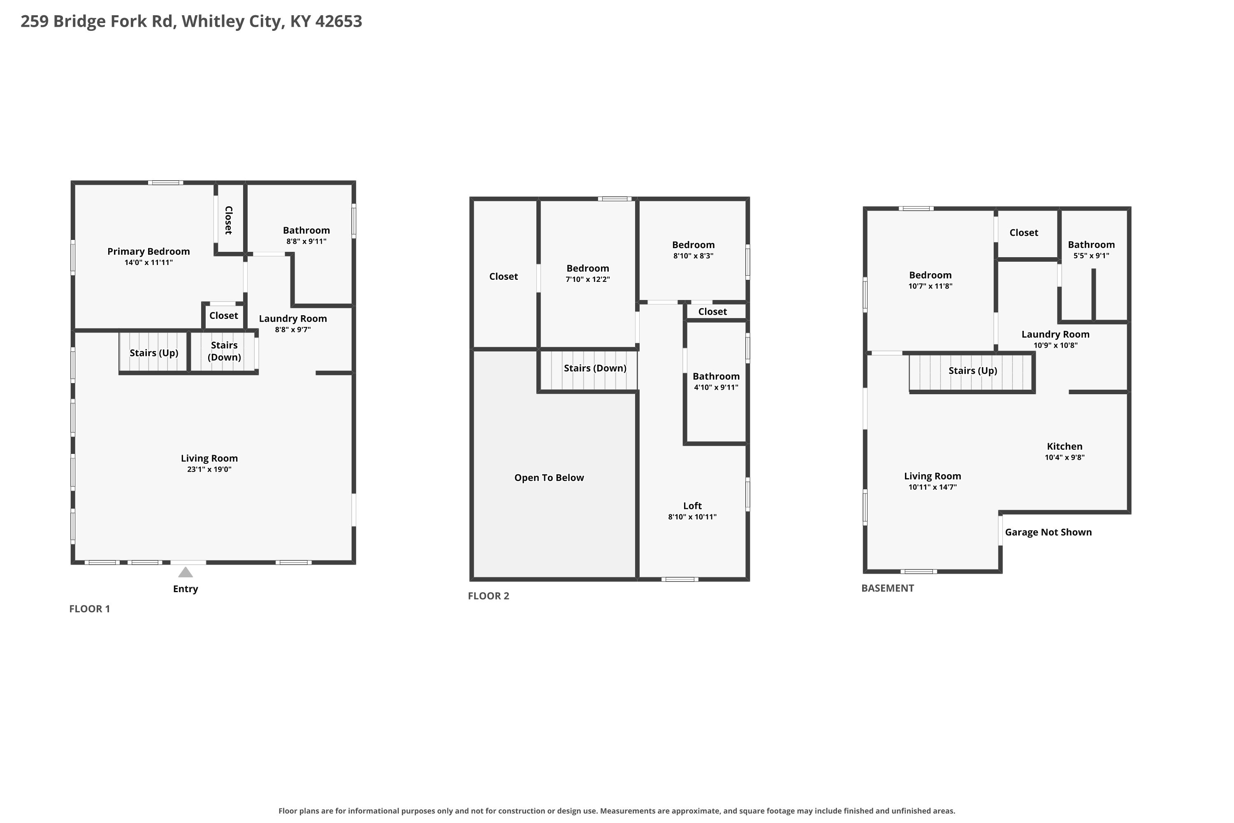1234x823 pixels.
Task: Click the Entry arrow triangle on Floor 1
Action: (x=185, y=572)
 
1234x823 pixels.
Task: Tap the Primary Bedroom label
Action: (x=148, y=251)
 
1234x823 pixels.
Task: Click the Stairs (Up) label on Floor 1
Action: (x=154, y=353)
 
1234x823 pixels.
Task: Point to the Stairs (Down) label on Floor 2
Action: (x=595, y=368)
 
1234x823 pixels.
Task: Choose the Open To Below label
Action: (x=549, y=478)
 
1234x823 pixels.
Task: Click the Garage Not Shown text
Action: (x=1048, y=532)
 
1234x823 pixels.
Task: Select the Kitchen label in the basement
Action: (x=1065, y=446)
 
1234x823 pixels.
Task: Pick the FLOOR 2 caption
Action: (x=489, y=596)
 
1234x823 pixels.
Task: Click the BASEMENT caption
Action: (x=888, y=588)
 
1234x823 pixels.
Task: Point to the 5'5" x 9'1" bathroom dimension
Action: (x=1091, y=256)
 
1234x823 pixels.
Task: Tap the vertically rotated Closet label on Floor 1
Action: (x=229, y=221)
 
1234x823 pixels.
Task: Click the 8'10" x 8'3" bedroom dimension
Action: (x=693, y=256)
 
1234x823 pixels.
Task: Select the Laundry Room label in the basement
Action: (x=1055, y=334)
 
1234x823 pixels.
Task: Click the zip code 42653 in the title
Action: (x=339, y=21)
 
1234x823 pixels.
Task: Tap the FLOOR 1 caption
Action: (x=90, y=609)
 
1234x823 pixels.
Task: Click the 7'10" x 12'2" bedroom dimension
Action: (x=588, y=280)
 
